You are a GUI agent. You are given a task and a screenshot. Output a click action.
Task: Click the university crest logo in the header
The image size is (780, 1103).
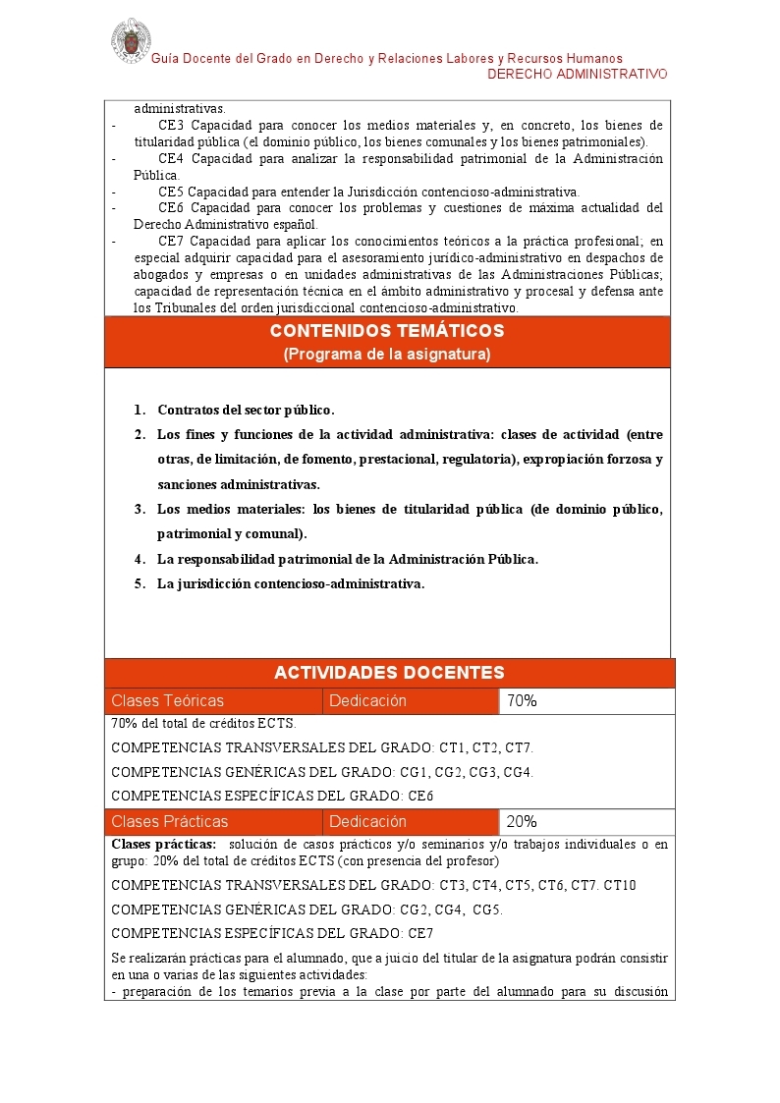pyautogui.click(x=130, y=39)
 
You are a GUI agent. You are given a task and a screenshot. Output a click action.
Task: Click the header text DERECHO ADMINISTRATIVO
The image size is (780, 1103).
pyautogui.click(x=578, y=75)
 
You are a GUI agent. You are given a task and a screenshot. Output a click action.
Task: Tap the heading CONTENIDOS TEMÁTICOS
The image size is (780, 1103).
pyautogui.click(x=387, y=331)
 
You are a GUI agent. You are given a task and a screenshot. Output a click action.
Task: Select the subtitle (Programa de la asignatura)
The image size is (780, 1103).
pyautogui.click(x=387, y=354)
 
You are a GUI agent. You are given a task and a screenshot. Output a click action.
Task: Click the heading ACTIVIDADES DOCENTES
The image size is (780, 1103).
pyautogui.click(x=389, y=673)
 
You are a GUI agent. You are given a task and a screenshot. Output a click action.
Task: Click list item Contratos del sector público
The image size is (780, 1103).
pyautogui.click(x=246, y=411)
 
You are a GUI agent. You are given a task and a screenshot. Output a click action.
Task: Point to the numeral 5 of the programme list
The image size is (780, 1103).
pyautogui.click(x=139, y=584)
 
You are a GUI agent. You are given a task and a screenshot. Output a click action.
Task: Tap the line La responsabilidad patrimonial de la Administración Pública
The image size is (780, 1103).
pyautogui.click(x=348, y=559)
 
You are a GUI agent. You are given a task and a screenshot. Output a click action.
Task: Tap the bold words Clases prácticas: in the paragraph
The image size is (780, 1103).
pyautogui.click(x=163, y=845)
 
